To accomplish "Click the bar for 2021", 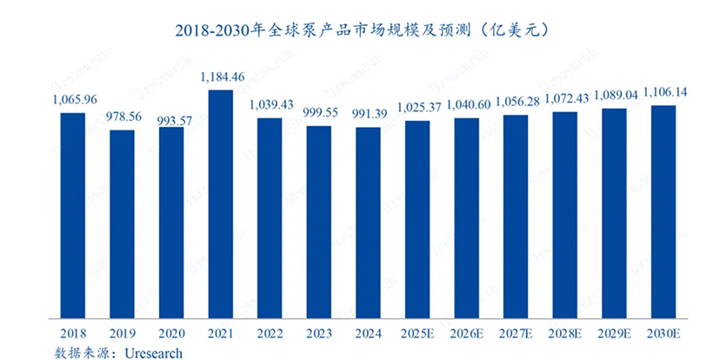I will [x=221, y=204].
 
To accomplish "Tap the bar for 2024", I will [x=369, y=223].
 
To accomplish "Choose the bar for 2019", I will [x=123, y=224].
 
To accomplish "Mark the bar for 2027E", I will [x=516, y=217].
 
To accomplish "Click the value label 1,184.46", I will [x=221, y=77].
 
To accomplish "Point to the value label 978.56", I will [x=123, y=117].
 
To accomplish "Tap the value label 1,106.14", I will [x=663, y=93].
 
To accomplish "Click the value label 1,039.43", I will [x=270, y=105].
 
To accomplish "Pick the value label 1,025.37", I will [x=417, y=108].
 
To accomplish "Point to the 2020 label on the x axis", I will [x=171, y=333].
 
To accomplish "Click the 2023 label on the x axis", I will [x=319, y=333].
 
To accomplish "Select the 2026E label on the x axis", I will [x=467, y=333].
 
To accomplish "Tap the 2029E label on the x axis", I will [x=614, y=333].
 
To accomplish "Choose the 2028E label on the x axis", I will [x=565, y=333].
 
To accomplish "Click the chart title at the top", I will [x=359, y=30].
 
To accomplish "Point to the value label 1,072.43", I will [x=565, y=99].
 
